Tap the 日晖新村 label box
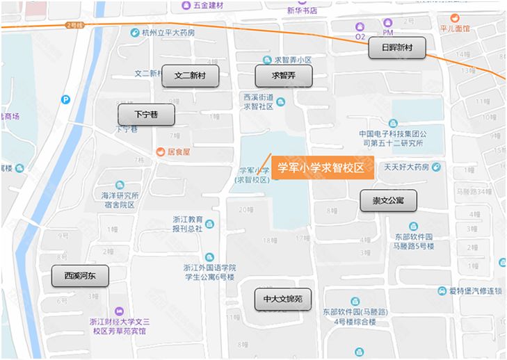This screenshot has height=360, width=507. (396, 48)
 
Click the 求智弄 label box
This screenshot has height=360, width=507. (283, 76)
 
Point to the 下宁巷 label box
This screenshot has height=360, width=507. (145, 115)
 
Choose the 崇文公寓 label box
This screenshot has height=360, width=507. (388, 200)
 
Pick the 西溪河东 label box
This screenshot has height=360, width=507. (80, 276)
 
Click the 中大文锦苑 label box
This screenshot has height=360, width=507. (282, 300)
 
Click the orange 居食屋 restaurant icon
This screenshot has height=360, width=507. (161, 151)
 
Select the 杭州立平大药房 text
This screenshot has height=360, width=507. (168, 33)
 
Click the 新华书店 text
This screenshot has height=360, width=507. (302, 10)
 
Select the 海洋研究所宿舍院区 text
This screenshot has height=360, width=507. (120, 200)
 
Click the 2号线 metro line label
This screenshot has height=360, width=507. (74, 25)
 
